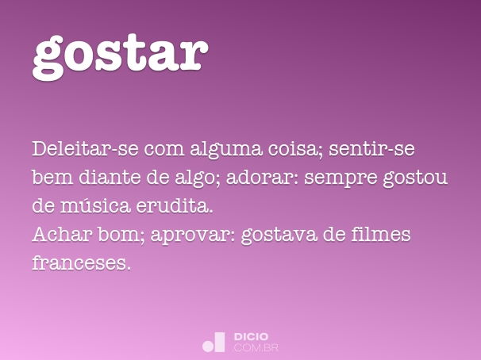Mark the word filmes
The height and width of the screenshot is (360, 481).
tap(385, 235)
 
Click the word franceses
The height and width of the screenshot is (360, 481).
tap(80, 263)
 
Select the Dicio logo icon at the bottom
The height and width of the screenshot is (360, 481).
tap(214, 343)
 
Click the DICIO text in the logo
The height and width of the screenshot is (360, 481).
tap(251, 337)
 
